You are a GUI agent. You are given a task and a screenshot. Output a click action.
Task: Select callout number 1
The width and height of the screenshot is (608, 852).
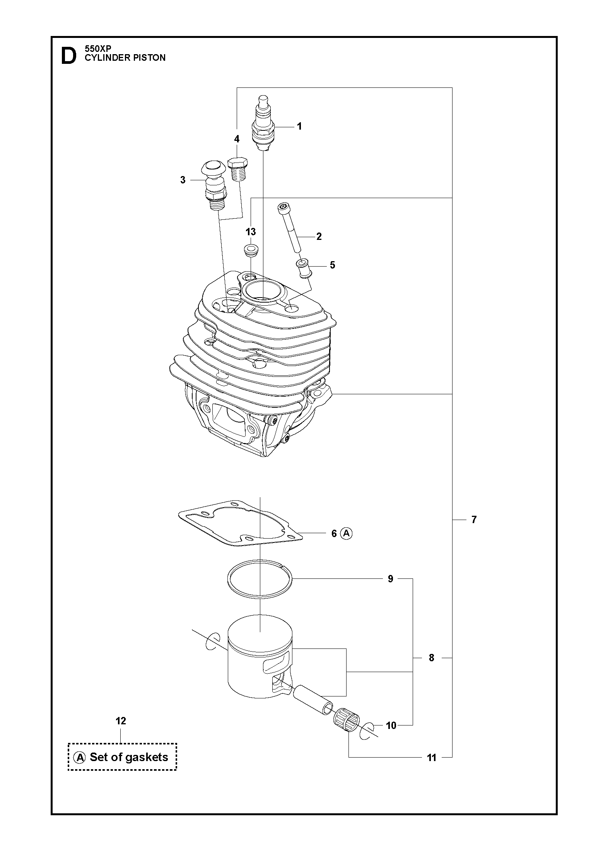(299, 127)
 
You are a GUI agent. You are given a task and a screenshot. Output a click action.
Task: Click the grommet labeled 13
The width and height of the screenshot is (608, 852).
(251, 250)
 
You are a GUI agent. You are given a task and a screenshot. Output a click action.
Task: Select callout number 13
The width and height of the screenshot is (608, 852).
(251, 232)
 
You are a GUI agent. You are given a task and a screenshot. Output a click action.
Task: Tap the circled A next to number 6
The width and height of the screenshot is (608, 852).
(347, 534)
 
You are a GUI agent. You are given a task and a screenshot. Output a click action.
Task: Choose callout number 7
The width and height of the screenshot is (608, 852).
(474, 520)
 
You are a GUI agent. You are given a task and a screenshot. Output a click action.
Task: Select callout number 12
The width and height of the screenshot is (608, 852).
(121, 721)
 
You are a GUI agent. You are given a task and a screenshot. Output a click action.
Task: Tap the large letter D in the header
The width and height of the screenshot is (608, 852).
(69, 56)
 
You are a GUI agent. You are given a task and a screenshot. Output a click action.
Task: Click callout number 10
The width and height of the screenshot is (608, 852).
(391, 725)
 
